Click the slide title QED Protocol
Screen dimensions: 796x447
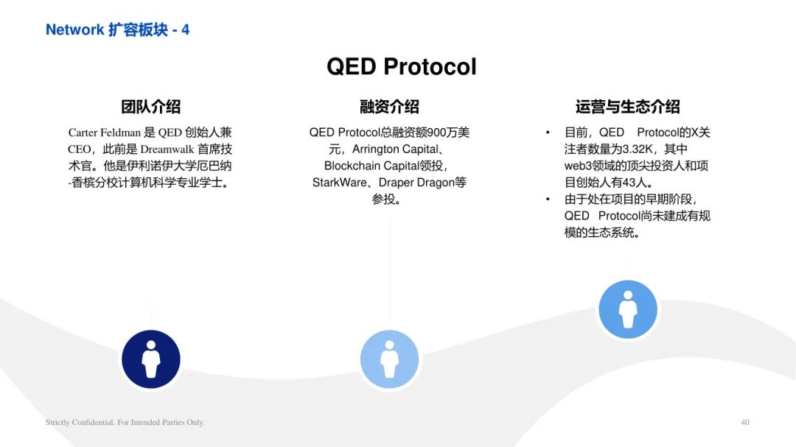[x=402, y=66]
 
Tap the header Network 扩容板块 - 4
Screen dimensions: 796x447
[x=117, y=29]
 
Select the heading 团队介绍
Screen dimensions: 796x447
[x=151, y=107]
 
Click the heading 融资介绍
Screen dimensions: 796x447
[x=389, y=107]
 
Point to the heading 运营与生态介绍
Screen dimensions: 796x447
[x=627, y=107]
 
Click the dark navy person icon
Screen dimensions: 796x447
[x=151, y=359]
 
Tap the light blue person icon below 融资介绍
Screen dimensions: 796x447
[x=389, y=359]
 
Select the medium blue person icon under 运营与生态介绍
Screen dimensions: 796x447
[x=628, y=309]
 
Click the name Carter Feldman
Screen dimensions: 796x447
[x=104, y=133]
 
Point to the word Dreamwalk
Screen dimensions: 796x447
[x=167, y=149]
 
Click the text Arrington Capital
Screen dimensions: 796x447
[x=396, y=149]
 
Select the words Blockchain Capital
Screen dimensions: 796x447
[x=371, y=166]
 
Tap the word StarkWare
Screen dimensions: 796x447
[x=339, y=183]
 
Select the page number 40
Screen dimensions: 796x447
[x=744, y=422]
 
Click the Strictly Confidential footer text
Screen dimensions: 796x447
[x=125, y=422]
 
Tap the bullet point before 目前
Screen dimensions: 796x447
[x=548, y=133]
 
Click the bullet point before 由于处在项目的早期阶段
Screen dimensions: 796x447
[x=548, y=199]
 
